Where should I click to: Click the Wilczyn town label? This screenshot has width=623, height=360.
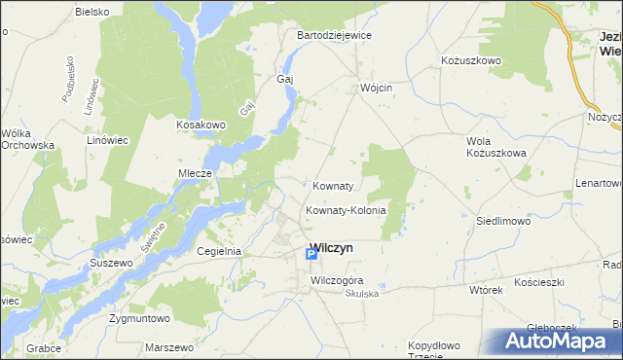(x=331, y=248)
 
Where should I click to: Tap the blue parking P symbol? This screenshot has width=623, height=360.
(x=311, y=255)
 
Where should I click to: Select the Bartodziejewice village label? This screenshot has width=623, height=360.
(x=334, y=35)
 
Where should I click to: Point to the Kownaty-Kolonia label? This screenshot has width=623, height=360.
(x=346, y=210)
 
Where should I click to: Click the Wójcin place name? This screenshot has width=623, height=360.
(x=375, y=87)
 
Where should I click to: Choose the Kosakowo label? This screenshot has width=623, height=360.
(x=201, y=125)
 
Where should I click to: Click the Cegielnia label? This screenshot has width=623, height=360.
(x=218, y=251)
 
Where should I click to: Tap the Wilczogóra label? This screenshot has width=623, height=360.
(x=336, y=280)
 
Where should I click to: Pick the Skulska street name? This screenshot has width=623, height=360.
(x=360, y=293)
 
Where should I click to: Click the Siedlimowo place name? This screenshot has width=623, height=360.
(x=502, y=221)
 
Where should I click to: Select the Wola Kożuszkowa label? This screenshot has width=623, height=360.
(x=495, y=147)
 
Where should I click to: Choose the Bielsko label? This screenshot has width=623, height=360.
(x=92, y=12)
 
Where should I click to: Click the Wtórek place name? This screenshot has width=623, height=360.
(x=485, y=290)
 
